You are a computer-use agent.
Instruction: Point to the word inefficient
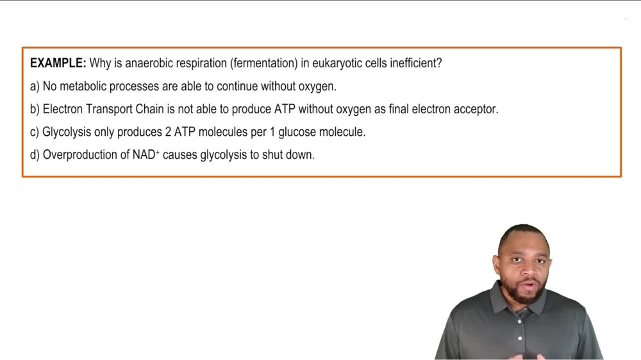[x=415, y=63]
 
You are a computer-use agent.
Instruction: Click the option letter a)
[x=35, y=86]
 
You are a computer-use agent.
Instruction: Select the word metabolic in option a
[x=84, y=86]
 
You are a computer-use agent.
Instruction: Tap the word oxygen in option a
[x=317, y=86]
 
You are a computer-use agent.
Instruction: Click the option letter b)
[x=35, y=110]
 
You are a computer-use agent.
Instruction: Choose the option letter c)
[x=35, y=133]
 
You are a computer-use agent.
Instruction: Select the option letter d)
[x=35, y=155]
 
